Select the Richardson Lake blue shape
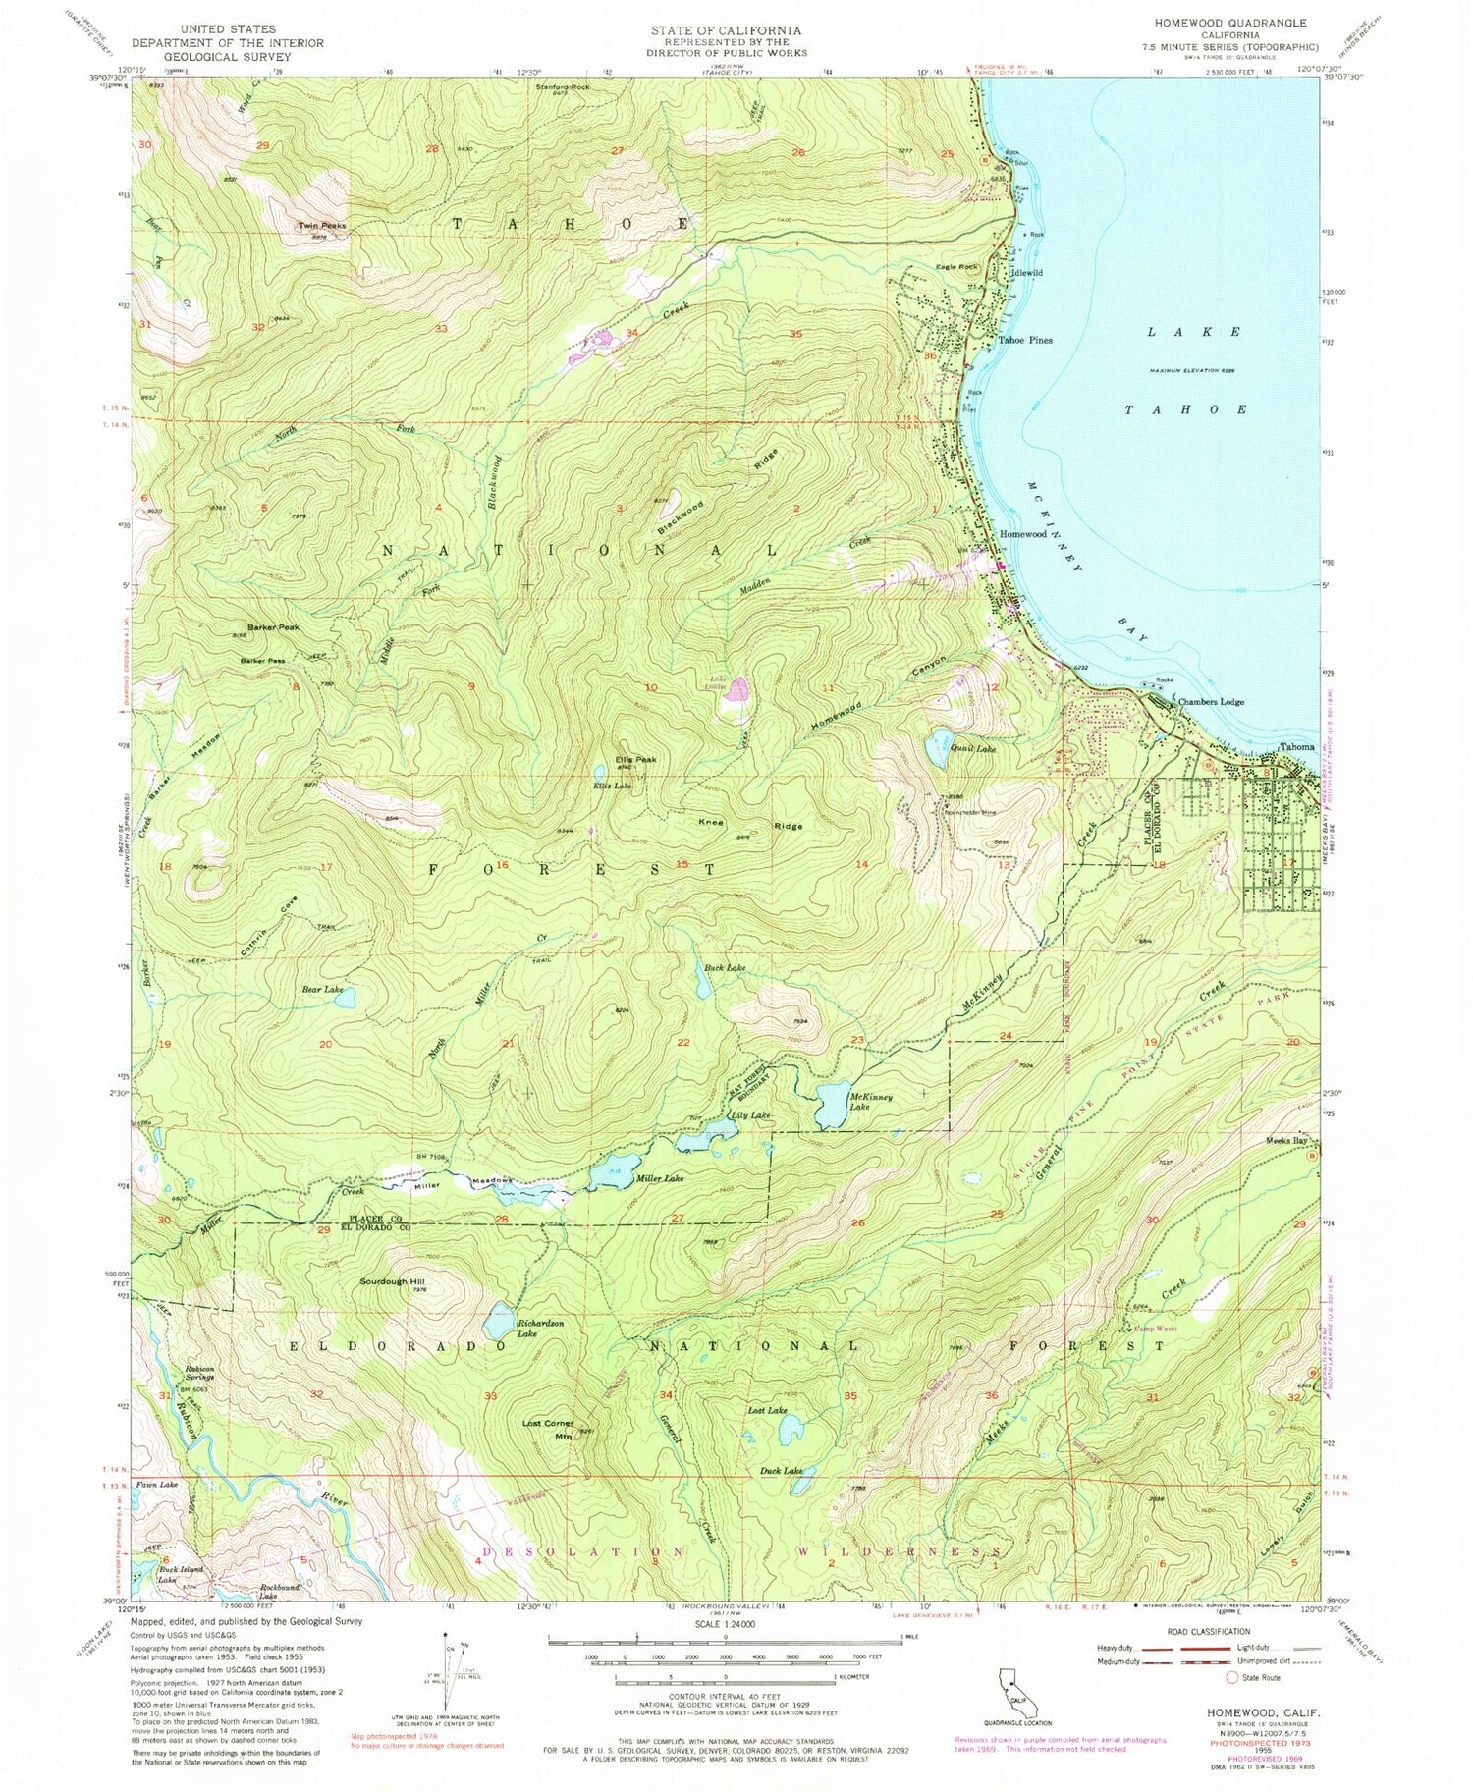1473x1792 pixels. tap(501, 1319)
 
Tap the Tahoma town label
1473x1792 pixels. tap(1301, 746)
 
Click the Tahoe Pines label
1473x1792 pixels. tap(1025, 340)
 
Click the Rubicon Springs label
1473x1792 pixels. tap(197, 1373)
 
